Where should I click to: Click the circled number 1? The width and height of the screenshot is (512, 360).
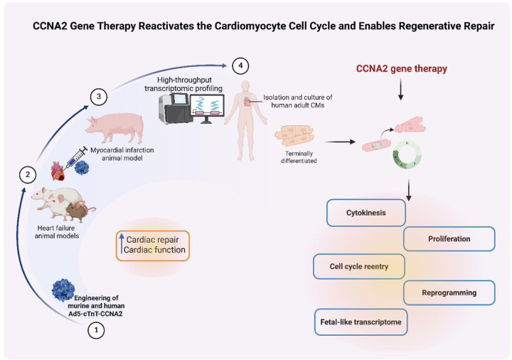click(x=96, y=330)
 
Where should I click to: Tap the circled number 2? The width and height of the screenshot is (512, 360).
click(x=28, y=175)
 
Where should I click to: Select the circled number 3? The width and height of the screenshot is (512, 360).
click(x=99, y=97)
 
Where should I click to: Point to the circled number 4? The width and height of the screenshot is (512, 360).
click(x=240, y=65)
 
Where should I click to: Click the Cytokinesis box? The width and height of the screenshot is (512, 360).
click(x=366, y=213)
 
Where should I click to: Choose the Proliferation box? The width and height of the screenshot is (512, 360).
click(x=449, y=239)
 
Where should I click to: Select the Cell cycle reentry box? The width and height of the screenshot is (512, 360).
click(x=359, y=267)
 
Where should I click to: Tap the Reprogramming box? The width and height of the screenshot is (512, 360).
click(x=449, y=292)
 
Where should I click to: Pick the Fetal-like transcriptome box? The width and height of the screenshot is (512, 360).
click(x=361, y=322)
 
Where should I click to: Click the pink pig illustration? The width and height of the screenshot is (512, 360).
click(x=115, y=128)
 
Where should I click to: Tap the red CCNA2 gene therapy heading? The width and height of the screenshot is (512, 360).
click(x=401, y=68)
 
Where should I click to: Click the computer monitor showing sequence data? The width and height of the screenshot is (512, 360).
click(x=208, y=108)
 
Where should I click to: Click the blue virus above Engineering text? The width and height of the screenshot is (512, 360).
click(x=63, y=290)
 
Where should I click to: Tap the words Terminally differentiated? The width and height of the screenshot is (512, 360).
click(x=299, y=157)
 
